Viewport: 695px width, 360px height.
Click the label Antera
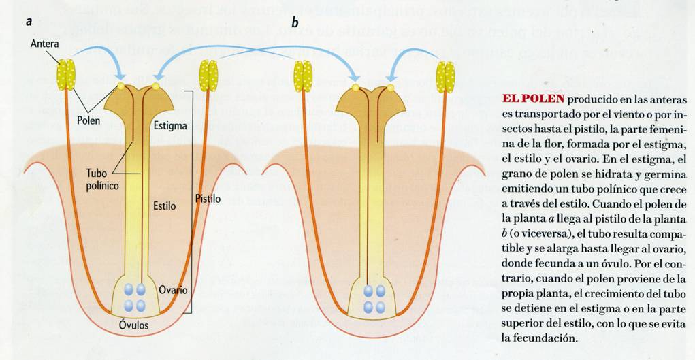pos(44,44)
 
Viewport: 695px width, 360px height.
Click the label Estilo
pos(164,203)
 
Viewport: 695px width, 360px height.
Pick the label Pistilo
pos(208,198)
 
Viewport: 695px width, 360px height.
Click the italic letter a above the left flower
pos(29,21)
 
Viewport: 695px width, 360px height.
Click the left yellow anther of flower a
pos(66,75)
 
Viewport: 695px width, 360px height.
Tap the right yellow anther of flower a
pos(208,76)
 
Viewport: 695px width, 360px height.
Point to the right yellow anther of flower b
pos(445,76)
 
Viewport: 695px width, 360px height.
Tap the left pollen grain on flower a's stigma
pos(122,86)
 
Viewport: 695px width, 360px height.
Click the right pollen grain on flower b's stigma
pos(391,88)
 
